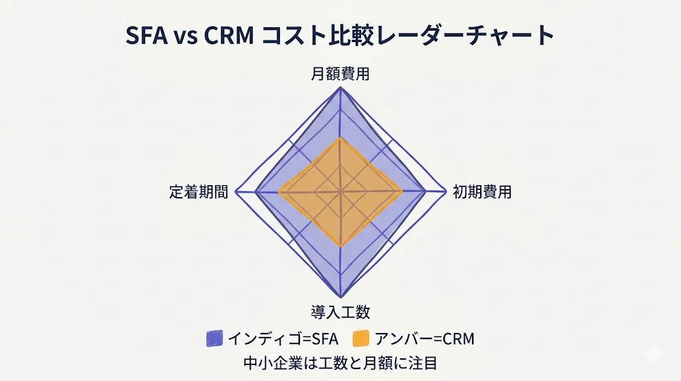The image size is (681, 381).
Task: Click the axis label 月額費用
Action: coord(340,74)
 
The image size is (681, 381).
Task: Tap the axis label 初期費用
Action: coord(481,192)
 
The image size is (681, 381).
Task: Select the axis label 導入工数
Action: coord(340,312)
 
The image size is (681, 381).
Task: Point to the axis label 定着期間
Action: coord(198,192)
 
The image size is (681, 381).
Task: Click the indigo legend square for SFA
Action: coord(214,338)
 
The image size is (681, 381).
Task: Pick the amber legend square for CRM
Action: coord(360,338)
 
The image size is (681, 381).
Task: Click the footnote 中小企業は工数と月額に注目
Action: coord(340,364)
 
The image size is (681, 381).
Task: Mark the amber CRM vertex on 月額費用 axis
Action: coord(340,138)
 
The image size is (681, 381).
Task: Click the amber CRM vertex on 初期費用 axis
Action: coord(402,192)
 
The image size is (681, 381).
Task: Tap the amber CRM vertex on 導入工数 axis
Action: coord(340,246)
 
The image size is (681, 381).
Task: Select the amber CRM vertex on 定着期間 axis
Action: coord(279,192)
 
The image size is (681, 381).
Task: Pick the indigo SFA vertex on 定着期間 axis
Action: coord(255,192)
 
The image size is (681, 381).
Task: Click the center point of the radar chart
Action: coord(340,192)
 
